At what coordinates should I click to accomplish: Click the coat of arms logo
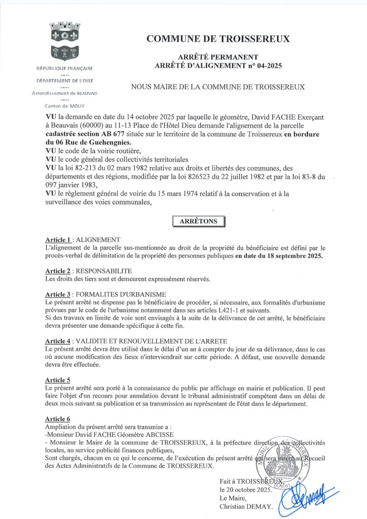pos(64,41)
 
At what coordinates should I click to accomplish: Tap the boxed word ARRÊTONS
pos(198,221)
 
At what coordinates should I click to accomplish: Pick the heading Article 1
pos(58,239)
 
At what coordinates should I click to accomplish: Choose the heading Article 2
pos(58,271)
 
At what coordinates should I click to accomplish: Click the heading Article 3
pos(58,294)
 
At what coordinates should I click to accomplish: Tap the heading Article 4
pos(58,341)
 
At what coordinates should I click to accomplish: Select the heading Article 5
pos(57,380)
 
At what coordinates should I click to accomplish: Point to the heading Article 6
pos(57,419)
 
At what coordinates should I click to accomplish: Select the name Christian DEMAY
pos(246,506)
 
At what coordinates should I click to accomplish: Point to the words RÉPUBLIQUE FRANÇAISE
pos(64,68)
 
